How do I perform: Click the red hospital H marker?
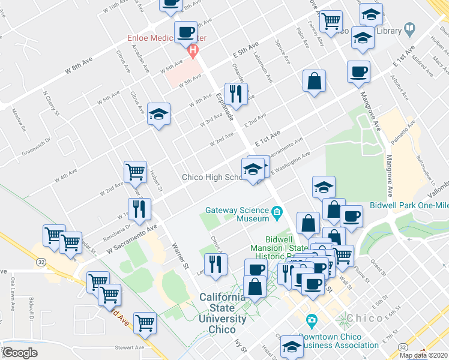tap(193, 51)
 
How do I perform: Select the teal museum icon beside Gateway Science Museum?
tap(277, 211)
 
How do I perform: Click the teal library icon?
tap(410, 28)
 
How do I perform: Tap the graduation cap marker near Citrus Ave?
tap(159, 115)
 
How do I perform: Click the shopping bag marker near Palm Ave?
tap(314, 81)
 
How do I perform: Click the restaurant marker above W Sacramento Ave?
tap(140, 209)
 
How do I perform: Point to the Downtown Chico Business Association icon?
tap(311, 322)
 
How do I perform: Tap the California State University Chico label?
tap(223, 308)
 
